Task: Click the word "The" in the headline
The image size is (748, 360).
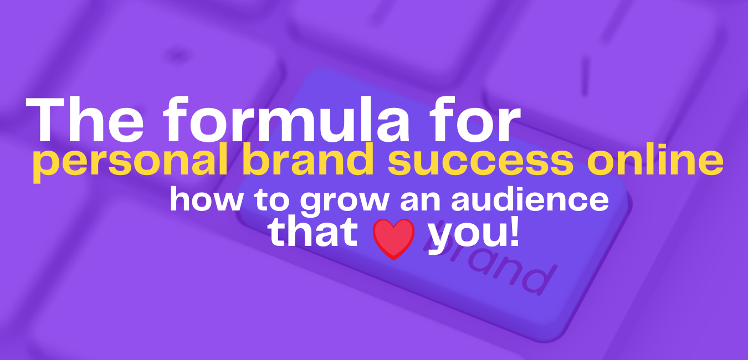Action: (83, 122)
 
